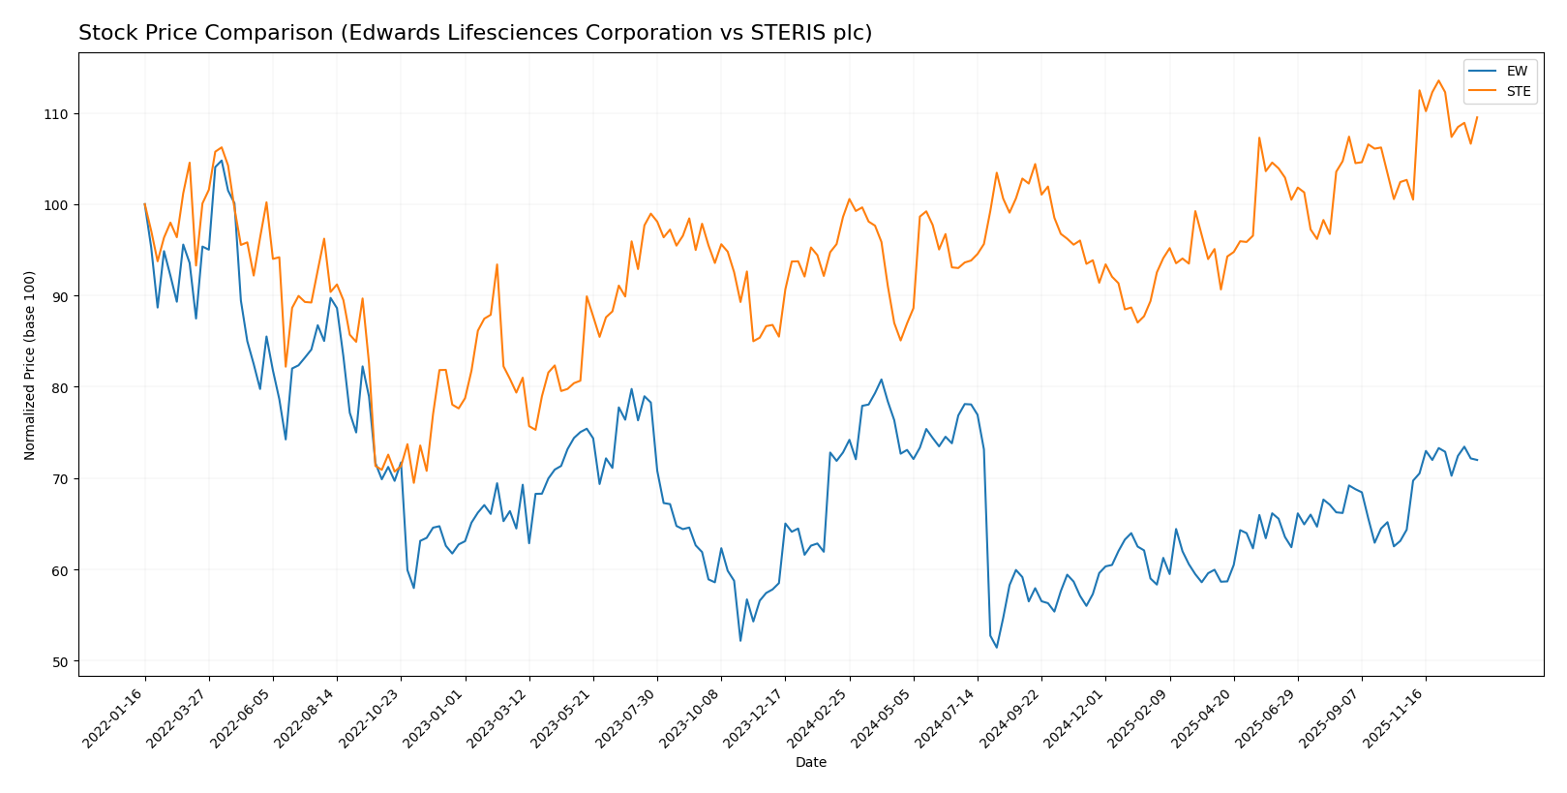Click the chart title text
click(474, 33)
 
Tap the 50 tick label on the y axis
click(59, 662)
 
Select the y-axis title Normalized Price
click(30, 366)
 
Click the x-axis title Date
click(810, 763)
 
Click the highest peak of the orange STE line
click(1438, 80)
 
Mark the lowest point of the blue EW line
click(997, 647)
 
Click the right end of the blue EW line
click(1477, 460)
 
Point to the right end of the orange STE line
click(1477, 117)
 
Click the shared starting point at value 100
click(145, 204)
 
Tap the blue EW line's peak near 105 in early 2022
click(222, 161)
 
